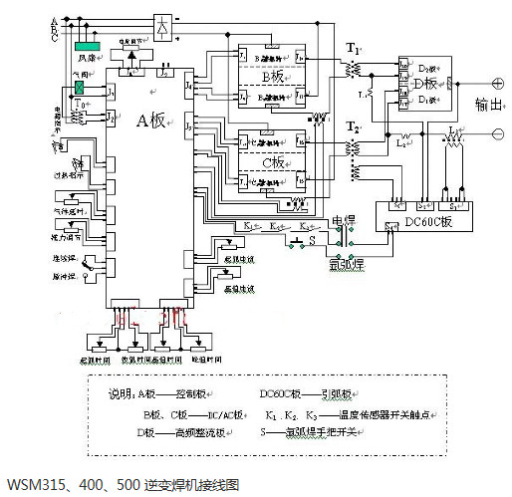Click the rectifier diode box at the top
160,24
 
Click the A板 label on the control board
151,121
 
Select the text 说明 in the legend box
120,392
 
